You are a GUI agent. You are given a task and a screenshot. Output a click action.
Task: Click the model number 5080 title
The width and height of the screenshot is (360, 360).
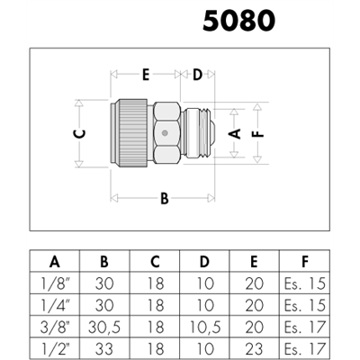coord(238,21)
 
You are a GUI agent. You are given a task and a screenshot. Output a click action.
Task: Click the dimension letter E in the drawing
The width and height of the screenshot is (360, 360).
coord(146,75)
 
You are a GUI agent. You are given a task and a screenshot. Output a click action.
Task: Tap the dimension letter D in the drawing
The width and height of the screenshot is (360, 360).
coord(197,75)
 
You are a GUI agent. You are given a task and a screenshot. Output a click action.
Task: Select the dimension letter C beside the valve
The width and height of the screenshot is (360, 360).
coord(80,134)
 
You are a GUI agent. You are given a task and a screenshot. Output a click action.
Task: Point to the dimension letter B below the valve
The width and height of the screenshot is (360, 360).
coord(165,199)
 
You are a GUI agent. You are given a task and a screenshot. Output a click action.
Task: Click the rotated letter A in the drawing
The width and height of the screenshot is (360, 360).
coord(235,133)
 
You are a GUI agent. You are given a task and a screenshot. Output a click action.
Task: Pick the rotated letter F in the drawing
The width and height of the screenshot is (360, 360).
coord(257,134)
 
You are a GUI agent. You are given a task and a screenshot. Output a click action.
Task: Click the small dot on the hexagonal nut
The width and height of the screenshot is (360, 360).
coord(164,133)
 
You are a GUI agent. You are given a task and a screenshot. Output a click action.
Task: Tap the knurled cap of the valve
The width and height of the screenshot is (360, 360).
coord(133,133)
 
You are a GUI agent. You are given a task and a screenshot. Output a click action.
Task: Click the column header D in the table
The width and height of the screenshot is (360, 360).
coord(204,262)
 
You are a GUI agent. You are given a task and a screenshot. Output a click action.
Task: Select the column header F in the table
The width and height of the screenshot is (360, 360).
coord(305,262)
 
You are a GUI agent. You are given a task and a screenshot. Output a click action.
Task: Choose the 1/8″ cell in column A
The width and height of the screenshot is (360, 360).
coord(54,283)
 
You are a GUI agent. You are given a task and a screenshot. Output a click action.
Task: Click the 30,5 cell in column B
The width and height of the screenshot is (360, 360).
coord(104,328)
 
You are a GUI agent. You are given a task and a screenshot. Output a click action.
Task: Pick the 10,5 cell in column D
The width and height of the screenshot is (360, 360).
coord(205,328)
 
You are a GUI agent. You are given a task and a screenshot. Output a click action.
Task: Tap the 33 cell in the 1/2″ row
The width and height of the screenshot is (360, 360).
coord(104,349)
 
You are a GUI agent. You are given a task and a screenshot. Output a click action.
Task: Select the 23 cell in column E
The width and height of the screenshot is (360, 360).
coord(255,349)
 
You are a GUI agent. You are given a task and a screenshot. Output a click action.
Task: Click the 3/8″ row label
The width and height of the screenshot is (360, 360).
coord(54,328)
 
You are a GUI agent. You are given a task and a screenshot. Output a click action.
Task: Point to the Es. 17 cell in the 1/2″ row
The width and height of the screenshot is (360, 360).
coord(304,349)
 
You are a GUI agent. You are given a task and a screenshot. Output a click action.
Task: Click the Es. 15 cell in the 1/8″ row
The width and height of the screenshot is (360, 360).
coord(304,283)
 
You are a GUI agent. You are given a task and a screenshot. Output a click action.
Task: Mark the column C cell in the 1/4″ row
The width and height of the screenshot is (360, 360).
coord(156,305)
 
